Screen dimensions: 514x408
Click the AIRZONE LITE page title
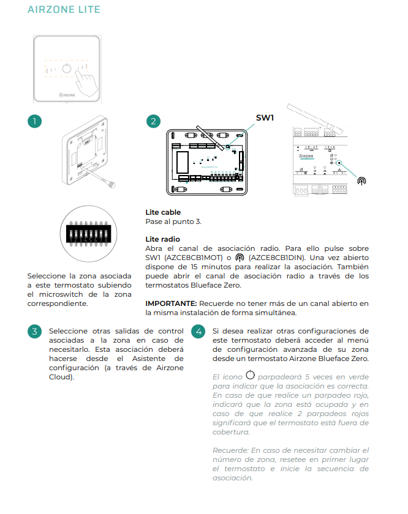click(64, 10)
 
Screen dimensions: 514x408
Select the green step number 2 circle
click(153, 121)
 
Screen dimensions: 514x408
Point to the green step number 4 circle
click(197, 332)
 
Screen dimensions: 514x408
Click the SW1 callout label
click(266, 117)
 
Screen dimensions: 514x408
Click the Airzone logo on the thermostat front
click(67, 95)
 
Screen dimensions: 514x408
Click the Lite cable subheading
click(163, 212)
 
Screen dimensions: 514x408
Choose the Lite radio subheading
click(162, 239)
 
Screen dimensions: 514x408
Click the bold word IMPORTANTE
click(170, 303)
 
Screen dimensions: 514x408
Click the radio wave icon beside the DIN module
click(362, 181)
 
